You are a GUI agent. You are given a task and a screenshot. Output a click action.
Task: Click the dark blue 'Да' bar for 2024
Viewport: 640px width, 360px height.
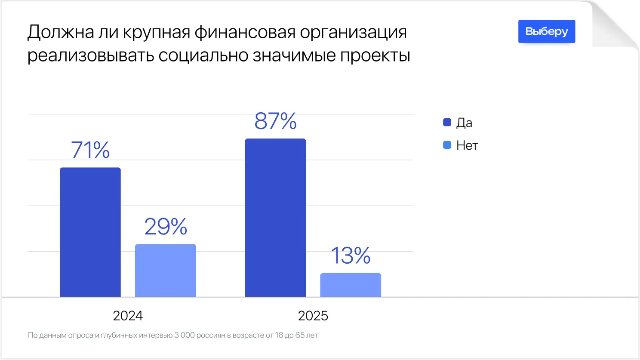click(x=90, y=232)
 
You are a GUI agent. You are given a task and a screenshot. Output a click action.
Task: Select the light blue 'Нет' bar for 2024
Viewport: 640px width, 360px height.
click(x=166, y=271)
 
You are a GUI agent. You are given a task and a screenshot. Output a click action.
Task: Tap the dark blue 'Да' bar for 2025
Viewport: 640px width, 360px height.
click(x=275, y=218)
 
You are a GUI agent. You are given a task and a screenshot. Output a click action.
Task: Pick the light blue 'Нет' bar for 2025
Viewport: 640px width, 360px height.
click(x=351, y=285)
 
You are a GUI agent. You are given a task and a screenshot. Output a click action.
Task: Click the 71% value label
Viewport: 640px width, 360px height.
click(x=90, y=150)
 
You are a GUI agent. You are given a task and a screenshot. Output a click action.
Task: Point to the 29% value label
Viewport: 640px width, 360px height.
click(x=166, y=226)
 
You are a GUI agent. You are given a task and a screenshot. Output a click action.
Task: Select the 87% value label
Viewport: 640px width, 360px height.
click(x=275, y=121)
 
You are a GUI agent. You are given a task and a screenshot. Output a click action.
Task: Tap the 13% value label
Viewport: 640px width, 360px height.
click(x=351, y=255)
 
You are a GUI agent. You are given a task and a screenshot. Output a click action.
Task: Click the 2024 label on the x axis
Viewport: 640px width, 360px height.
click(x=128, y=316)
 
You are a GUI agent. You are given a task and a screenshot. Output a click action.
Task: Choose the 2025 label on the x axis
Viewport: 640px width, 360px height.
click(x=313, y=316)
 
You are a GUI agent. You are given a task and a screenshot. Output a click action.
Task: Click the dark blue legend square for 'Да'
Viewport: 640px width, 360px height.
click(x=447, y=123)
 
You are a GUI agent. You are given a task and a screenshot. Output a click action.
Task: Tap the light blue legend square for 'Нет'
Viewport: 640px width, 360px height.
click(x=447, y=145)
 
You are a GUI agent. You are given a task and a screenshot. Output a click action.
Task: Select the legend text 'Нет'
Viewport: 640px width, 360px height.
click(x=467, y=146)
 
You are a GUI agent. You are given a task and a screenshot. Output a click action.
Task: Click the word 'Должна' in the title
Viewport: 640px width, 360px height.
click(x=61, y=32)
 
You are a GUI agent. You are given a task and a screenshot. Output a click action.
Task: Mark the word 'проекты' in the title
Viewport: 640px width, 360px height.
click(x=375, y=56)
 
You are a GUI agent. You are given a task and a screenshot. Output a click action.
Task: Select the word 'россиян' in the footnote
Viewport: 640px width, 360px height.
click(x=212, y=335)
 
